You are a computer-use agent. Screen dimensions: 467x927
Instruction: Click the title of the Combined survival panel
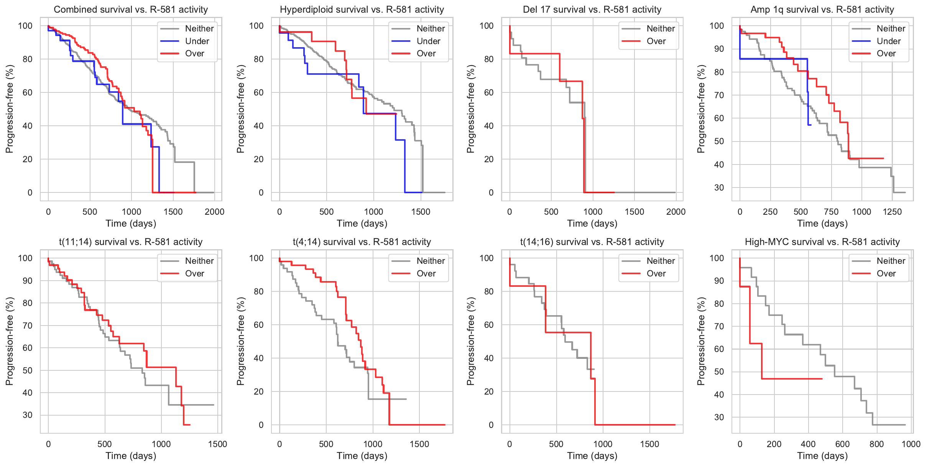click(131, 10)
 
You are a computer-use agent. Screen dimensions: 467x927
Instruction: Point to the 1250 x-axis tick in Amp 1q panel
click(892, 212)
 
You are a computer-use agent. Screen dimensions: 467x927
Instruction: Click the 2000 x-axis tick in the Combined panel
click(214, 212)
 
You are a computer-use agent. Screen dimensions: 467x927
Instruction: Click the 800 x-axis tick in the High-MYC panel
click(876, 444)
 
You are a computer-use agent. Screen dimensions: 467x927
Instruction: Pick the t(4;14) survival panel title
click(362, 242)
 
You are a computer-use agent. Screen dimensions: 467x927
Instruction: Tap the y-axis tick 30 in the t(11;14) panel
click(28, 415)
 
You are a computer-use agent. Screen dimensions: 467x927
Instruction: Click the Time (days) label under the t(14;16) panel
click(592, 456)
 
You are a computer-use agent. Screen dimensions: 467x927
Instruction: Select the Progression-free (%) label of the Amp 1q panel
click(701, 109)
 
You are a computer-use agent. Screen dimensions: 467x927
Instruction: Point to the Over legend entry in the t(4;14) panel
click(426, 273)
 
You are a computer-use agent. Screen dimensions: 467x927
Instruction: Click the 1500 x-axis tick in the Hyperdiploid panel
click(421, 212)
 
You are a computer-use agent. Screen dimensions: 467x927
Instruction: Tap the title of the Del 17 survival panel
click(592, 10)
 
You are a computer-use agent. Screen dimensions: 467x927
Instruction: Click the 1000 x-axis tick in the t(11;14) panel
click(161, 444)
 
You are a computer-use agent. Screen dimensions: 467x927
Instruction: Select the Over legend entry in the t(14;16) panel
click(656, 273)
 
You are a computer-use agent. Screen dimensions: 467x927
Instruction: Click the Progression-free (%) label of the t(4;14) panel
click(241, 341)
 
